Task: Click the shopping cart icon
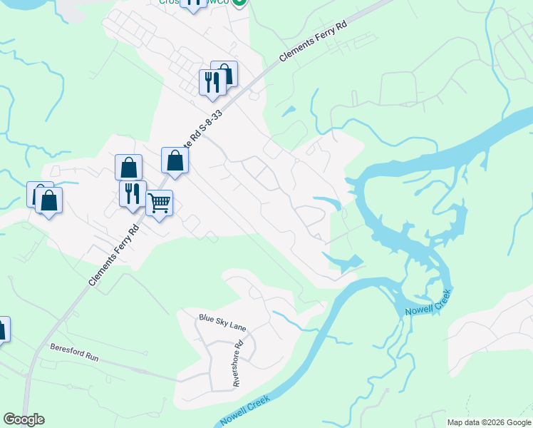(160, 203)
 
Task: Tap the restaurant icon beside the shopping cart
(133, 194)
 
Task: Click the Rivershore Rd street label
(238, 363)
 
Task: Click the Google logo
(24, 419)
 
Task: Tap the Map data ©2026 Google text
(489, 422)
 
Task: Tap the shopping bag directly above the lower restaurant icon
(128, 168)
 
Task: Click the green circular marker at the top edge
(239, 2)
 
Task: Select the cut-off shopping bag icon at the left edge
(2, 330)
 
